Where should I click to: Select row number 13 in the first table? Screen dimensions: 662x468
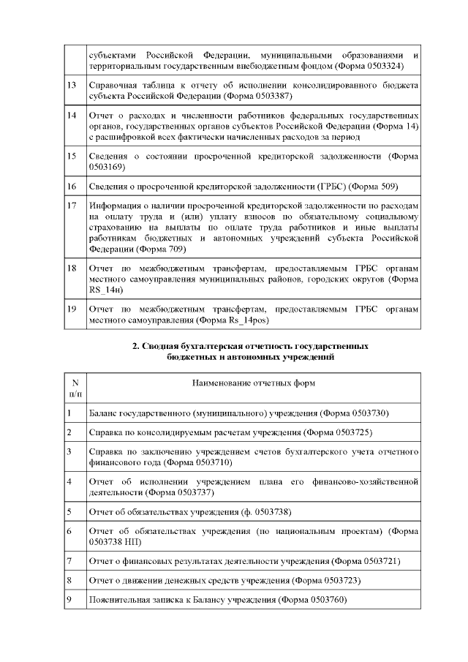72,86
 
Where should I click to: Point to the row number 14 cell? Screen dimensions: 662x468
72,116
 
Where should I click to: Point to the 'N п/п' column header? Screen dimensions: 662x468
75,388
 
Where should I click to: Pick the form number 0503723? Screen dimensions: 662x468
337,581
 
